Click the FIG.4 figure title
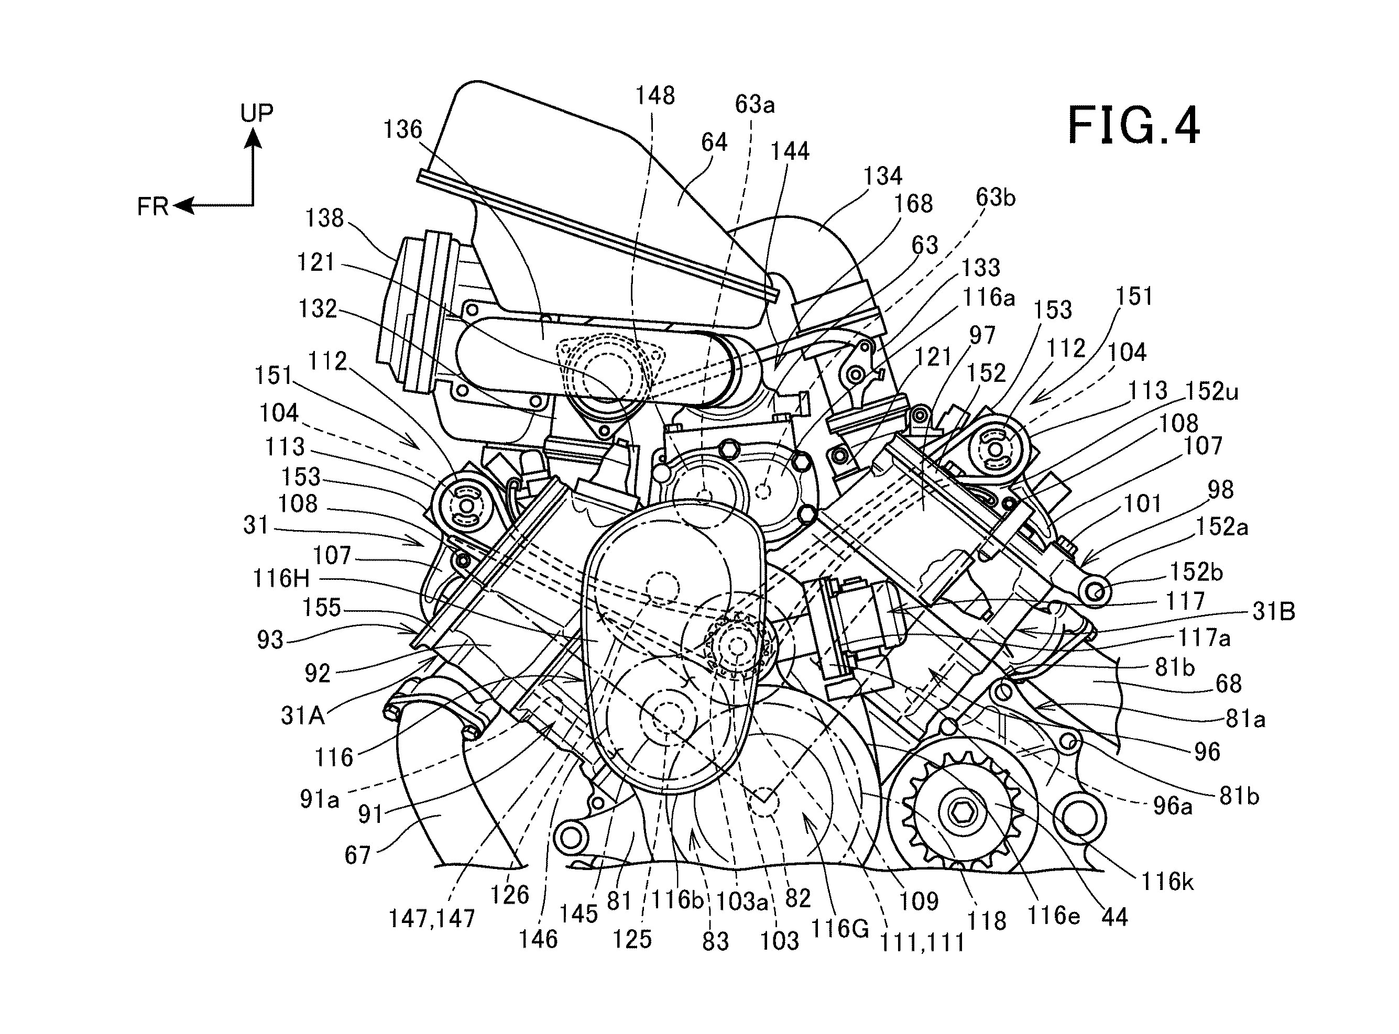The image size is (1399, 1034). (x=1133, y=126)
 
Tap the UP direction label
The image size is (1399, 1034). (x=257, y=113)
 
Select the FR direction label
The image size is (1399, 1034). (x=152, y=206)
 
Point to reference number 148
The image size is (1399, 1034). (x=655, y=96)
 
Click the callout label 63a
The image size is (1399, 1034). (x=755, y=105)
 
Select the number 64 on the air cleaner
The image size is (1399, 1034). (x=714, y=142)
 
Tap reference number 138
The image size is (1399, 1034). (x=324, y=218)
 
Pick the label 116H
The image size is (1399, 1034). (x=281, y=578)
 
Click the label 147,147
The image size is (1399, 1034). (x=432, y=919)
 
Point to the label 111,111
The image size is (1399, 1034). (x=923, y=943)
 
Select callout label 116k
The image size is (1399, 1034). (x=1167, y=882)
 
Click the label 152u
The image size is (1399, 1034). (x=1212, y=392)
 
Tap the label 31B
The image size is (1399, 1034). (x=1274, y=611)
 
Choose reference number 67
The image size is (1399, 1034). (x=357, y=855)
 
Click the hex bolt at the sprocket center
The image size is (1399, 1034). (x=959, y=812)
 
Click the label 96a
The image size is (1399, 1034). (x=1173, y=806)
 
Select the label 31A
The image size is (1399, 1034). (x=302, y=715)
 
